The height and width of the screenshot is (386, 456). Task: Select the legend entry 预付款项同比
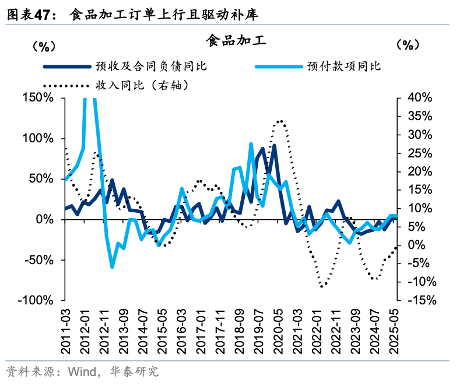344,66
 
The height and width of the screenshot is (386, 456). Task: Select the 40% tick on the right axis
419,97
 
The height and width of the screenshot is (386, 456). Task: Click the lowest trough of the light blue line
112,266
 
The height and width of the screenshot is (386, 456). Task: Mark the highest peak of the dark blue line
274,146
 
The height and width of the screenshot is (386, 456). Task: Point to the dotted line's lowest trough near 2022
321,286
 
